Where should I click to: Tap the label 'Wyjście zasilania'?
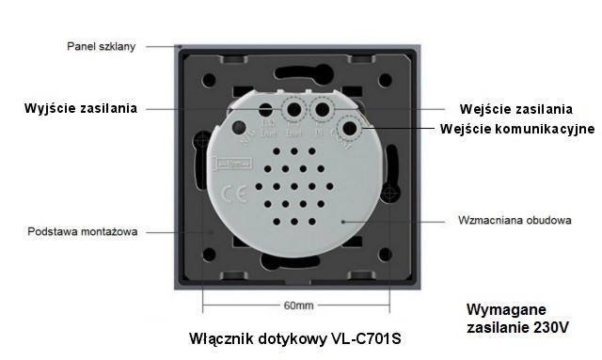pos(81,108)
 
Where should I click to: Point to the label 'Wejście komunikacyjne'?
pos(518,128)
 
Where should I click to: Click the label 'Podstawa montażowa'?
pos(83,231)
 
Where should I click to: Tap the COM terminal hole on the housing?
pos(351,129)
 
